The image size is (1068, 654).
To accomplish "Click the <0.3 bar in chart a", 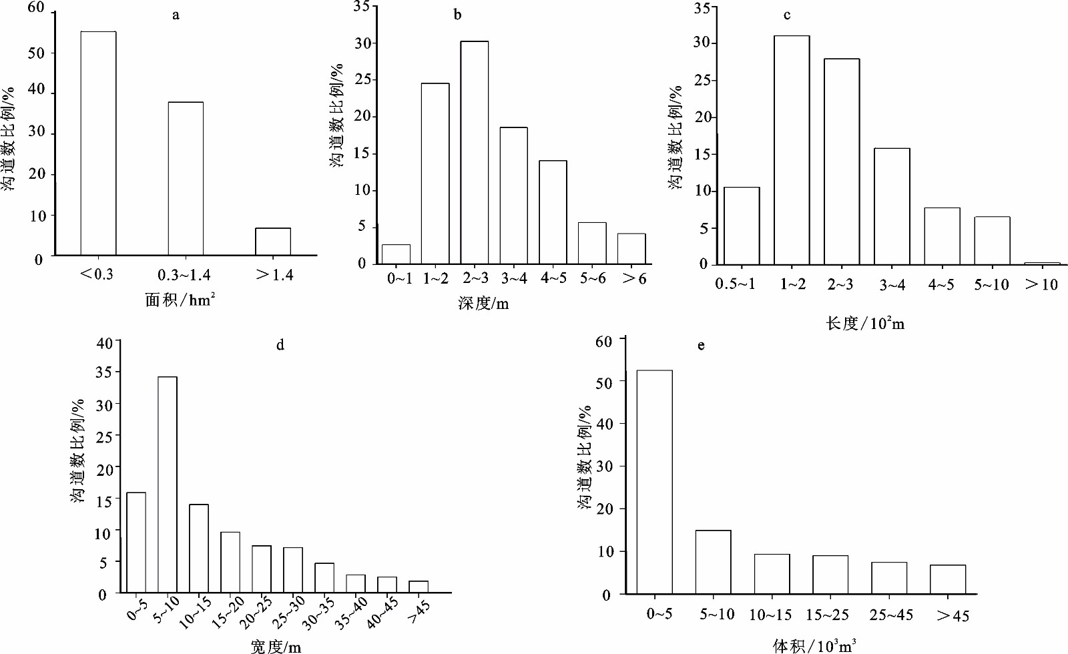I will coord(98,143).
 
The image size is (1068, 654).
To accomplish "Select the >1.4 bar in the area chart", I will coord(273,242).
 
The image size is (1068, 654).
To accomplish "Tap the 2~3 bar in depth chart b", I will coord(475,152).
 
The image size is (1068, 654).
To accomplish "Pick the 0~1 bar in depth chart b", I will coord(396,254).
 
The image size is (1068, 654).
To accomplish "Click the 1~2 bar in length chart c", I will coord(792,150).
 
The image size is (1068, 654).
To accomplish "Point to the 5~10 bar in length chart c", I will coord(992,241).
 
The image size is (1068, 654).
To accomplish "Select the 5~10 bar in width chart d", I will coord(167,484).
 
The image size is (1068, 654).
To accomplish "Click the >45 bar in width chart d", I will coord(419,587).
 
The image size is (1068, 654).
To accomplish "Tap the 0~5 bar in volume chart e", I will coord(654,482).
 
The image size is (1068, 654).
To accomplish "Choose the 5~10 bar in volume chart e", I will coord(713,562).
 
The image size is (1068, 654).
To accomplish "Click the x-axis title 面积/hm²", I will coord(180,300).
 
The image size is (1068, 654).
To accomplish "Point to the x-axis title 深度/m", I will coord(483,304).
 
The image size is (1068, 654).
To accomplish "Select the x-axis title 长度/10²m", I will coord(865,324).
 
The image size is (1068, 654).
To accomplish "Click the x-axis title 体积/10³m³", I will coord(814,645).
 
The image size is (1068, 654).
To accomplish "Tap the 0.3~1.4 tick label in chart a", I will coord(184,275).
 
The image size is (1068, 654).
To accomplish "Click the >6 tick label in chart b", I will coord(634,278).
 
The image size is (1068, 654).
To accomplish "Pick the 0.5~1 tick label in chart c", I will coord(735,284).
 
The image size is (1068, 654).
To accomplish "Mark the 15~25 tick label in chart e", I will coord(827,615).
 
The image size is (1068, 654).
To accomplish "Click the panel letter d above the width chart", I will coord(280,345).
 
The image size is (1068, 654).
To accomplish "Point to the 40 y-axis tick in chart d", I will coord(105,343).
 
